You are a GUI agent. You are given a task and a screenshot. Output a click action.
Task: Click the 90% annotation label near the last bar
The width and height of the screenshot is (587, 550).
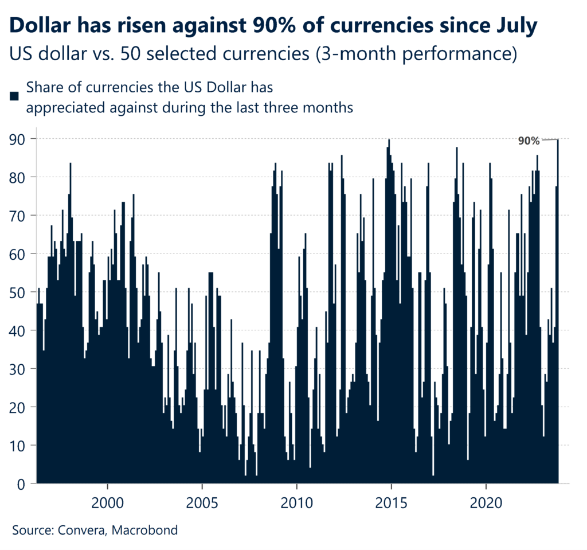click(529, 141)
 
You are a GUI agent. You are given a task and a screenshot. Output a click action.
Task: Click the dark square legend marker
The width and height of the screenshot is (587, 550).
click(15, 96)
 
